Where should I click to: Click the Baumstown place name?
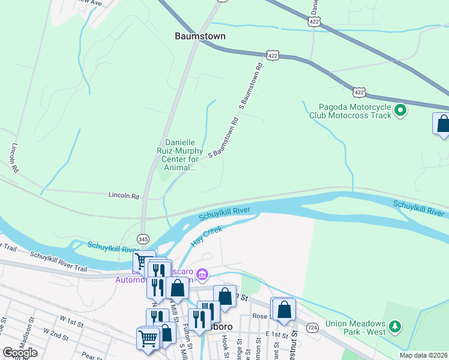(x=200, y=36)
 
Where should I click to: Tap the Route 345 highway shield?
(x=143, y=238)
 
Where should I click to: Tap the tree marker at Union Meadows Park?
(x=394, y=326)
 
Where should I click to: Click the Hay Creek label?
(x=207, y=236)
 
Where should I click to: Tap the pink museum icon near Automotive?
(x=202, y=275)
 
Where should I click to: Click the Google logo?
(x=20, y=352)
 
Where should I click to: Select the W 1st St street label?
(x=67, y=323)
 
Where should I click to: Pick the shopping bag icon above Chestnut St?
(x=285, y=310)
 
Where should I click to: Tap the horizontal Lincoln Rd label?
(x=124, y=196)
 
